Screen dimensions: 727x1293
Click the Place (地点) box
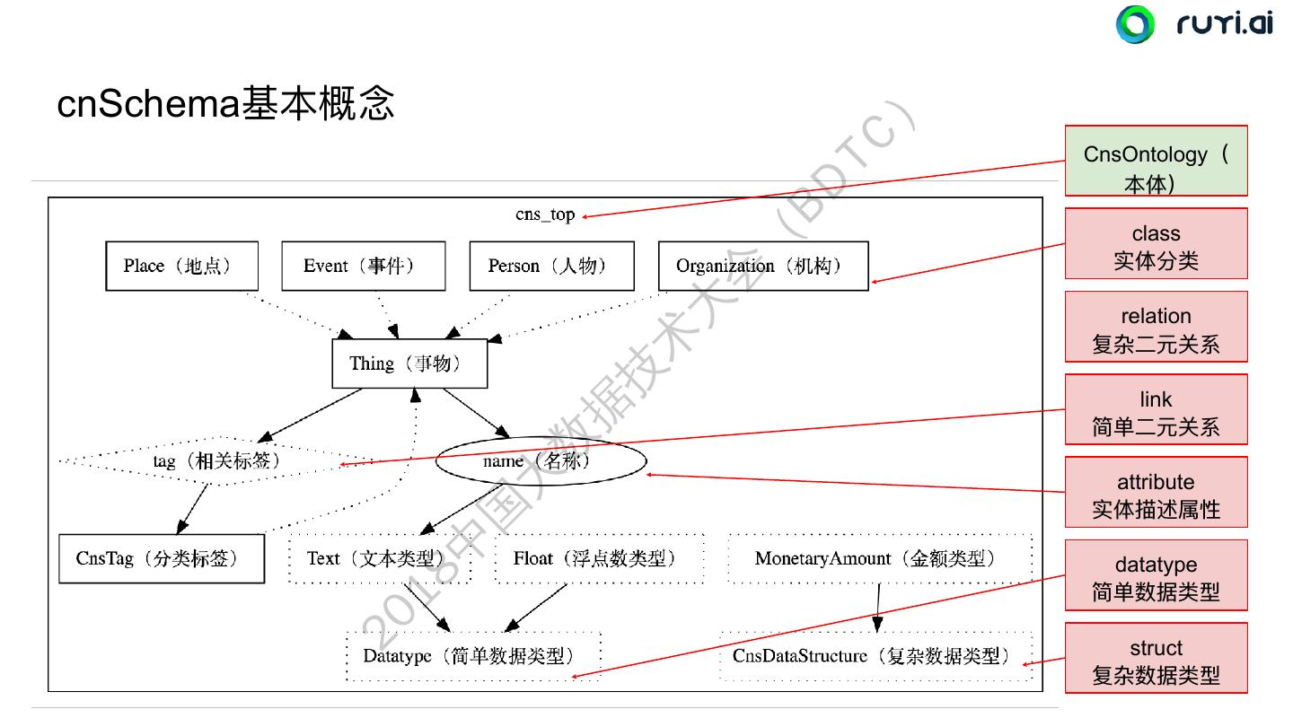[x=181, y=266]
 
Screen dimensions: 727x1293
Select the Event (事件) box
[x=363, y=266]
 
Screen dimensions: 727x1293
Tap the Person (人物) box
[x=551, y=266]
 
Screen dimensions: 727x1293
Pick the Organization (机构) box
[x=763, y=266]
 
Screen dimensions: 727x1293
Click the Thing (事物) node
[x=409, y=363]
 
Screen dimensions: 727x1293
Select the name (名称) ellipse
[x=541, y=460]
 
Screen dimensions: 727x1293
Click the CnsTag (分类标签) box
[x=162, y=558]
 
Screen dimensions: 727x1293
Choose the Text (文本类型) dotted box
[x=379, y=558]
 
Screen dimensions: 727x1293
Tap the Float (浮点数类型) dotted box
[x=599, y=558]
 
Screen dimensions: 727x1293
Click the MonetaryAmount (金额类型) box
[x=880, y=558]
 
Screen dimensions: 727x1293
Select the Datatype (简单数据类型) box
[x=473, y=656]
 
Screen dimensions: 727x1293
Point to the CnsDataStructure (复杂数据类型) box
[x=875, y=656]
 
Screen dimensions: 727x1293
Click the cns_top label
[x=545, y=215]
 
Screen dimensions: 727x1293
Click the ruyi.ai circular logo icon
[x=1135, y=23]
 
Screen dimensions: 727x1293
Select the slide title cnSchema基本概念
[x=225, y=104]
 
